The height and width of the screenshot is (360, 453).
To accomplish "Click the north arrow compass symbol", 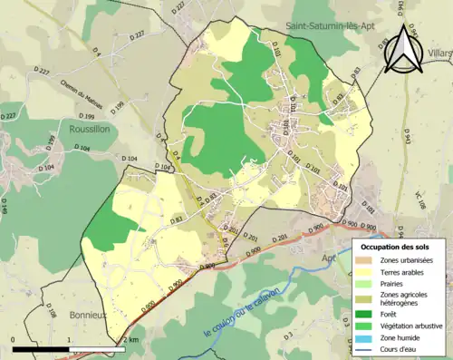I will (x=404, y=49).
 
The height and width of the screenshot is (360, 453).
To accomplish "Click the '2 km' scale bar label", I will (x=130, y=339).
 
